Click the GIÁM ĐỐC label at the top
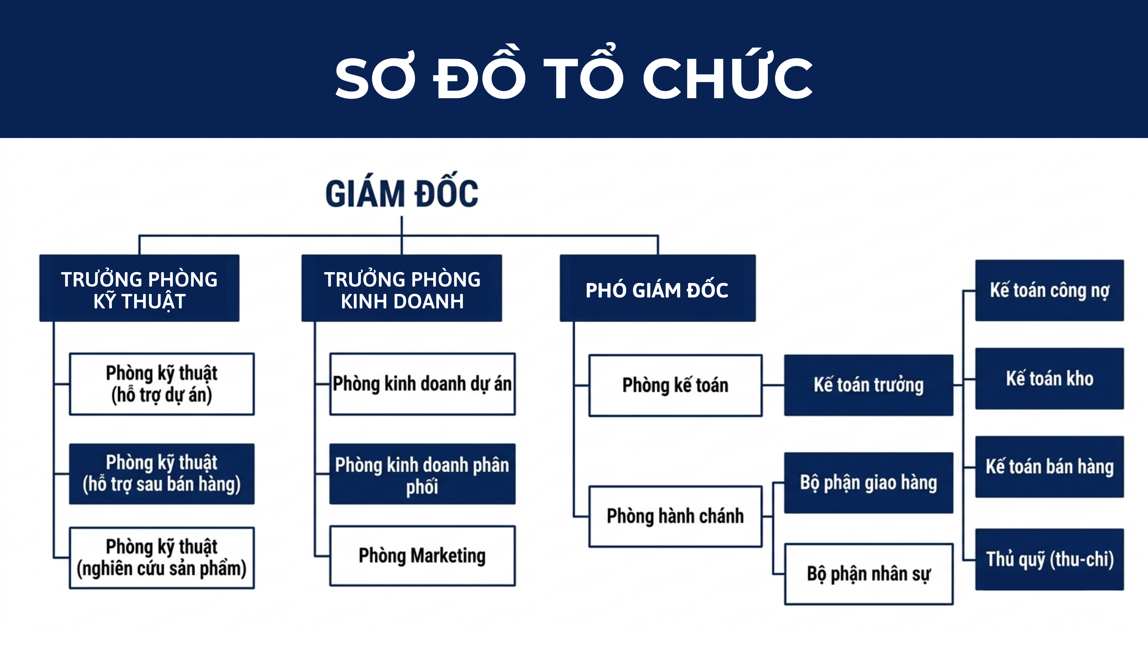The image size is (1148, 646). (402, 193)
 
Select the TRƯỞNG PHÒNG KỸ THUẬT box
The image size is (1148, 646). (139, 288)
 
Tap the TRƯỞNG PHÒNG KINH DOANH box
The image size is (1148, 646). (402, 288)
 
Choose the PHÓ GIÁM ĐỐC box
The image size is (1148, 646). (658, 288)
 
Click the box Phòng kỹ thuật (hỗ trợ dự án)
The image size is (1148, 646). (162, 384)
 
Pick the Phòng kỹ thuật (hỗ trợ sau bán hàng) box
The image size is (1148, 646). (162, 474)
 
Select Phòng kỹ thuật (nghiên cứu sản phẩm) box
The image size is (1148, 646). (162, 558)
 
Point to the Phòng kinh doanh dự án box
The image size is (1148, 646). (422, 384)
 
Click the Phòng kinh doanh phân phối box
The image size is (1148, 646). (422, 474)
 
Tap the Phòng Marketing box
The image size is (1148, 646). (422, 555)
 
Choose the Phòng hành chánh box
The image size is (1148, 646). (676, 516)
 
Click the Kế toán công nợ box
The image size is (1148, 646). (1049, 290)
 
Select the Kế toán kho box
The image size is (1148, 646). (1049, 378)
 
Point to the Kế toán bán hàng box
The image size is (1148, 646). (1049, 467)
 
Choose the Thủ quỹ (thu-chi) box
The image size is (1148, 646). (1049, 559)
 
